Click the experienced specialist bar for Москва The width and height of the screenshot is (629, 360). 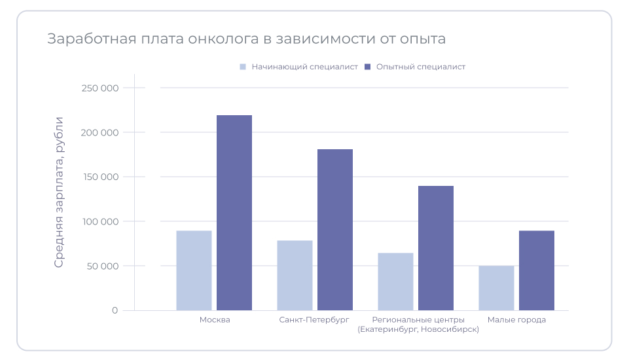coord(234,213)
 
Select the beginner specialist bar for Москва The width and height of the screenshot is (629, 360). coord(194,270)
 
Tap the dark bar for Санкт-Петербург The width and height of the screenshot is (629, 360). coord(335,230)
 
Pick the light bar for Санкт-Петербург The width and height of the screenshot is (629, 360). coord(295,275)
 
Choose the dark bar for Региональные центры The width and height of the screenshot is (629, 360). coord(436,248)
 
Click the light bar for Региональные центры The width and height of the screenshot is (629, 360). coord(395,281)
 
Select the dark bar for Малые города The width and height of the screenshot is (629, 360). coord(537,270)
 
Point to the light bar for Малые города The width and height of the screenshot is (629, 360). coord(496,288)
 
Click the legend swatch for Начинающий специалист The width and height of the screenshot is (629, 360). coord(243,67)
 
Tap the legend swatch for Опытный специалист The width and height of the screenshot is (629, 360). coord(368,67)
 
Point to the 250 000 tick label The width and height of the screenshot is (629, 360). coord(99,88)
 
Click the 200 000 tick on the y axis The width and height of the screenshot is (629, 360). coord(99,132)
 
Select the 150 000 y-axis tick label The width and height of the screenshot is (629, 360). coord(99,177)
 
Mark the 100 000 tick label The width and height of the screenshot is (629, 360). coord(99,221)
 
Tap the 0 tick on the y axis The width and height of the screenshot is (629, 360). coord(115,310)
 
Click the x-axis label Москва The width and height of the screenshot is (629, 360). coord(214,319)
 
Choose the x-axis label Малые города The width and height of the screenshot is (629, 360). coord(516,319)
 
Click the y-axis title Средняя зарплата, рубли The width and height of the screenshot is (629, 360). coord(59,192)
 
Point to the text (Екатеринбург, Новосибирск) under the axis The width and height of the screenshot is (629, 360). coord(418,329)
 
